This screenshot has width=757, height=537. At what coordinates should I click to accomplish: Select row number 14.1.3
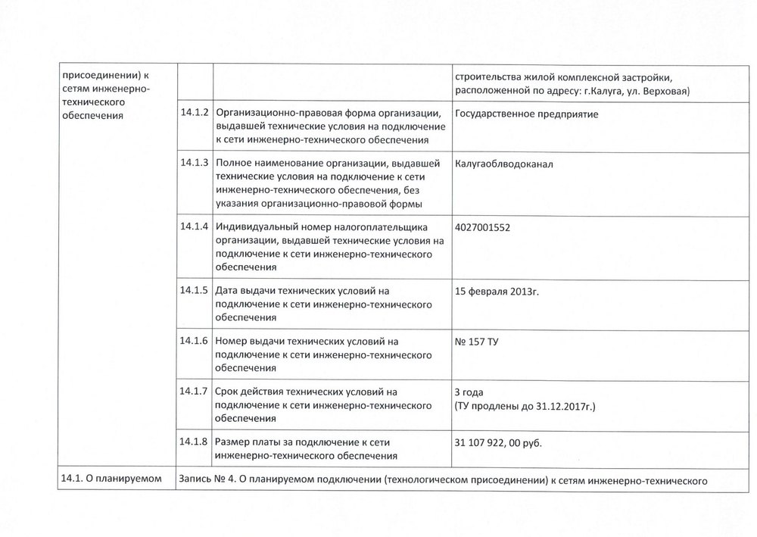195,162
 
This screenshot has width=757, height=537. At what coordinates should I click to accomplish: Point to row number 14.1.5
195,289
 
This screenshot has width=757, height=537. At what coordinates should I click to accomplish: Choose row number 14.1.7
195,391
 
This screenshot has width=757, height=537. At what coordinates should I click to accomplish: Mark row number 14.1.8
195,441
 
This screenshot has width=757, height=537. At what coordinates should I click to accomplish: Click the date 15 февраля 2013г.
497,290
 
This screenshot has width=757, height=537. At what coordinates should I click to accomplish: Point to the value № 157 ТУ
476,342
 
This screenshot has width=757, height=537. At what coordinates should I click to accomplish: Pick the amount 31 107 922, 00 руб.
499,442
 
